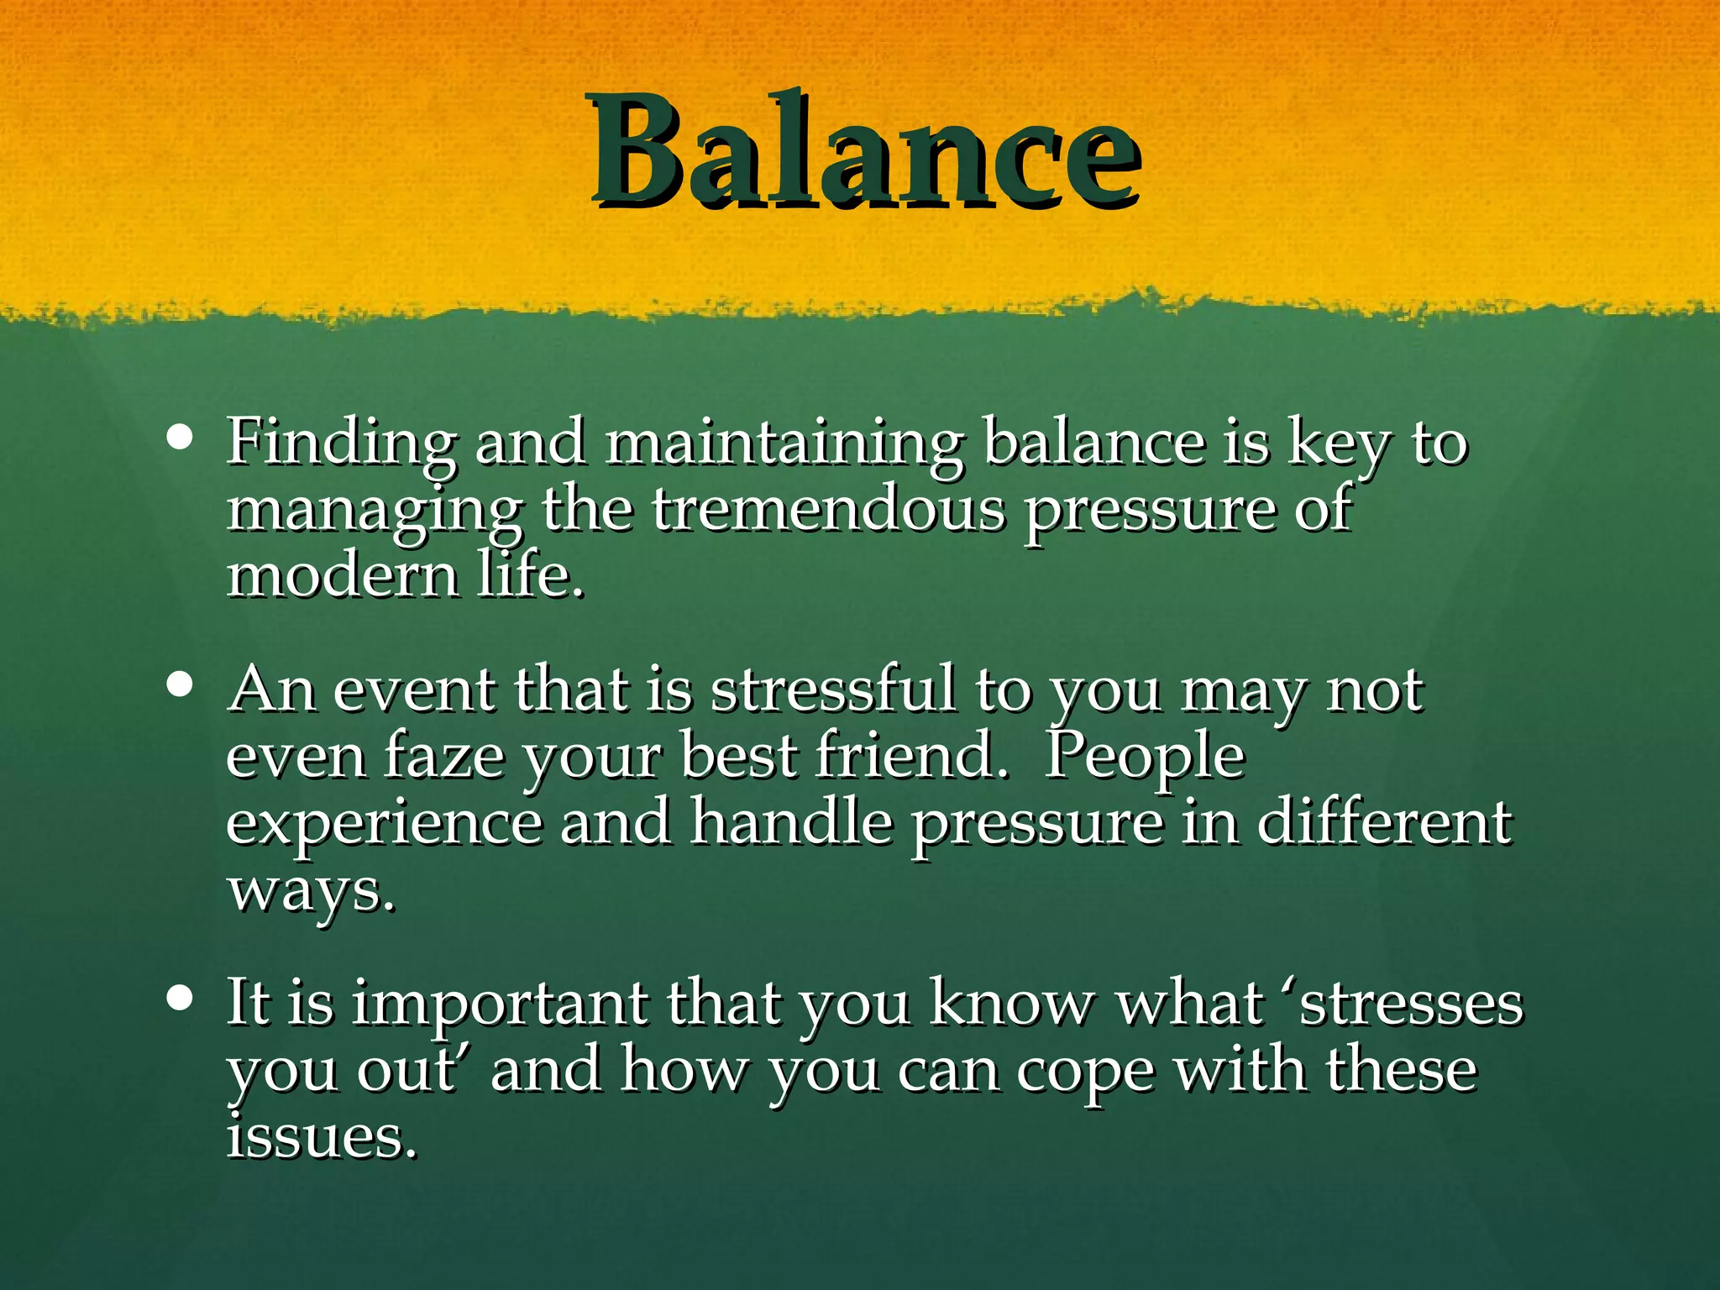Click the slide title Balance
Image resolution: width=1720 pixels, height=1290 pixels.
tap(865, 151)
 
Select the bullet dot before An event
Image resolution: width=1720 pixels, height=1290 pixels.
tap(180, 684)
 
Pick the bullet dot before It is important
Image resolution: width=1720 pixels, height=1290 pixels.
tap(180, 999)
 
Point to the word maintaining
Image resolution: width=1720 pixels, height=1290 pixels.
tap(784, 443)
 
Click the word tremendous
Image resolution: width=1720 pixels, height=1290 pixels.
tap(828, 510)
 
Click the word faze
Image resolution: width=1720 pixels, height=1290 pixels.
tap(444, 756)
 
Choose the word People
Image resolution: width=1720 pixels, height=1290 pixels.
tap(1144, 756)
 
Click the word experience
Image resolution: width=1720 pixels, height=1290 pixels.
tap(385, 823)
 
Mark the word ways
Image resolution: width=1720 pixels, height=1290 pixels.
tap(311, 890)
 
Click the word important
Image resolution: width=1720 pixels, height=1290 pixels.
tap(500, 1004)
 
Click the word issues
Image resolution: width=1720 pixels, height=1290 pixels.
tap(322, 1137)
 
